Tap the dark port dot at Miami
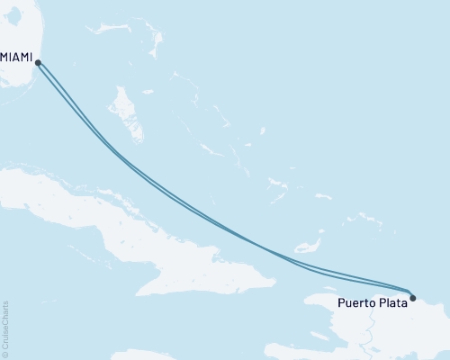click(x=37, y=61)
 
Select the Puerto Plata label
click(x=370, y=303)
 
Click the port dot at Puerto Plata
click(x=412, y=297)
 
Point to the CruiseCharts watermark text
click(x=5, y=323)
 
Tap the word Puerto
click(x=354, y=303)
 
